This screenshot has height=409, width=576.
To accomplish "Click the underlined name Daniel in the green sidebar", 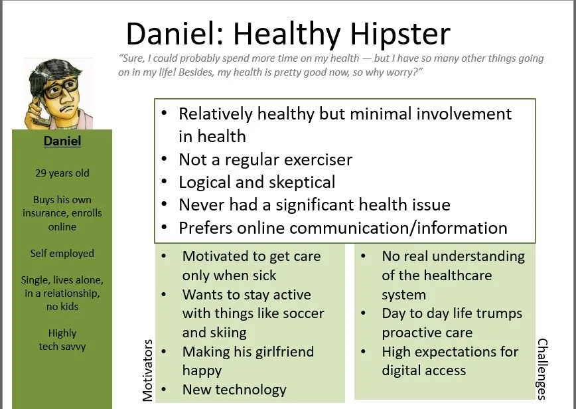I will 62,141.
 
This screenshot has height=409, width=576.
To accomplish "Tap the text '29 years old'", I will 62,173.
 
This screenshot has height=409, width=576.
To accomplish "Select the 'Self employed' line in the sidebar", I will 62,253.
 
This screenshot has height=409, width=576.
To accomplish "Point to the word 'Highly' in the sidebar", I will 62,333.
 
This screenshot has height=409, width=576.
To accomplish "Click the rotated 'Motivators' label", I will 147,370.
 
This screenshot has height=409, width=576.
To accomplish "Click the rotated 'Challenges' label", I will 542,369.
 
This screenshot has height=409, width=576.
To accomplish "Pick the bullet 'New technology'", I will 234,389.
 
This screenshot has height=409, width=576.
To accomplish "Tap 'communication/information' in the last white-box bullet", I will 398,228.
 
